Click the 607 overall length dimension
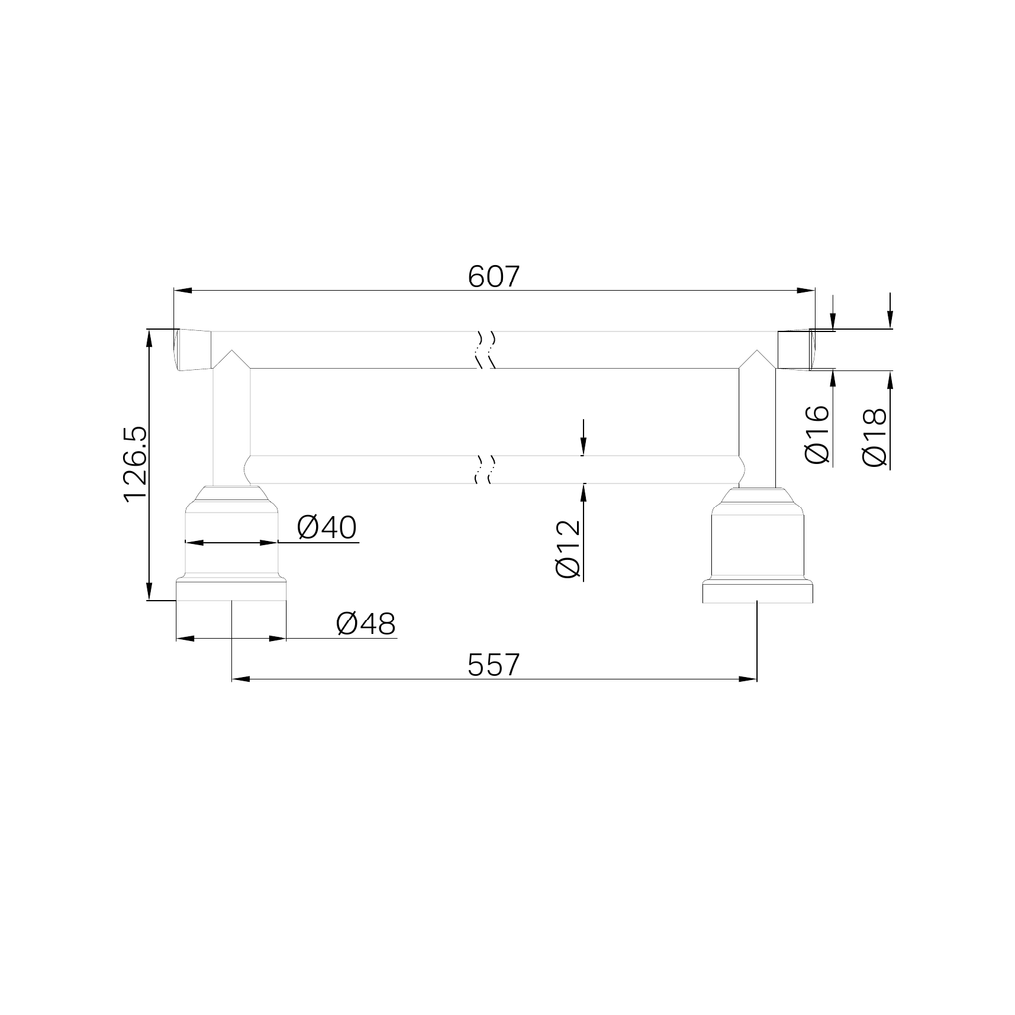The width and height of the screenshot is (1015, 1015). [494, 277]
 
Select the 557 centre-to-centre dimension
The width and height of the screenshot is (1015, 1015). [494, 664]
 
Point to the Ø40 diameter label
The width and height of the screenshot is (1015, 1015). [327, 528]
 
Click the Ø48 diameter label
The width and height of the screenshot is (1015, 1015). [365, 624]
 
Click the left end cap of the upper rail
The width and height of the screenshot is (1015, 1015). [193, 349]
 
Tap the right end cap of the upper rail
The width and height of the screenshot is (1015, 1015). [794, 349]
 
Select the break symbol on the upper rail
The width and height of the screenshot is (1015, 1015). [485, 349]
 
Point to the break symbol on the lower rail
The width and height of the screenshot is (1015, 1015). [485, 469]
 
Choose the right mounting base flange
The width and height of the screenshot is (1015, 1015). [757, 591]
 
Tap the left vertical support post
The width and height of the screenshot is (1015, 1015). [231, 426]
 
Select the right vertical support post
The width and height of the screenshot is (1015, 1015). [757, 426]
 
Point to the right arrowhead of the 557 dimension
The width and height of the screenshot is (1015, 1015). [750, 680]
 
